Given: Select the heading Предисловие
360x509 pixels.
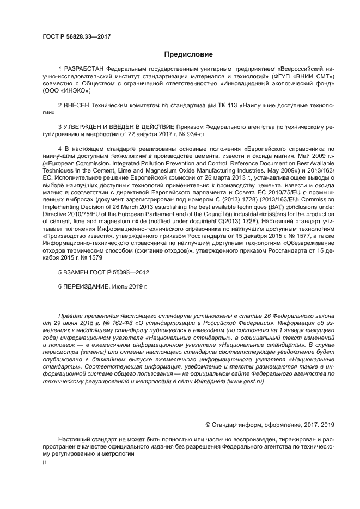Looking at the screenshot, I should pyautogui.click(x=188, y=54).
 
